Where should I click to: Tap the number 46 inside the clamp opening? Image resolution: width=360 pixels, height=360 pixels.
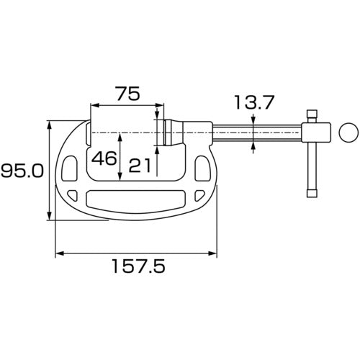[x=104, y=158]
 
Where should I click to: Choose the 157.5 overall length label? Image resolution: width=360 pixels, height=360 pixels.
[x=137, y=268]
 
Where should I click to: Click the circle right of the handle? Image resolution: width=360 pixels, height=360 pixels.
[x=348, y=132]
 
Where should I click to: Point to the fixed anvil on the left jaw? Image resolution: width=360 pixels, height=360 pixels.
[x=88, y=133]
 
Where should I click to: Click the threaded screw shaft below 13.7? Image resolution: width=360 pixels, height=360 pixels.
[x=256, y=133]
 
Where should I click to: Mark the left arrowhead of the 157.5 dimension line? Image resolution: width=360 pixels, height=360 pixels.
[x=58, y=253]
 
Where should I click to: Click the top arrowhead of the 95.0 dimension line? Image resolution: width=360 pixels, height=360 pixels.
[x=50, y=124]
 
